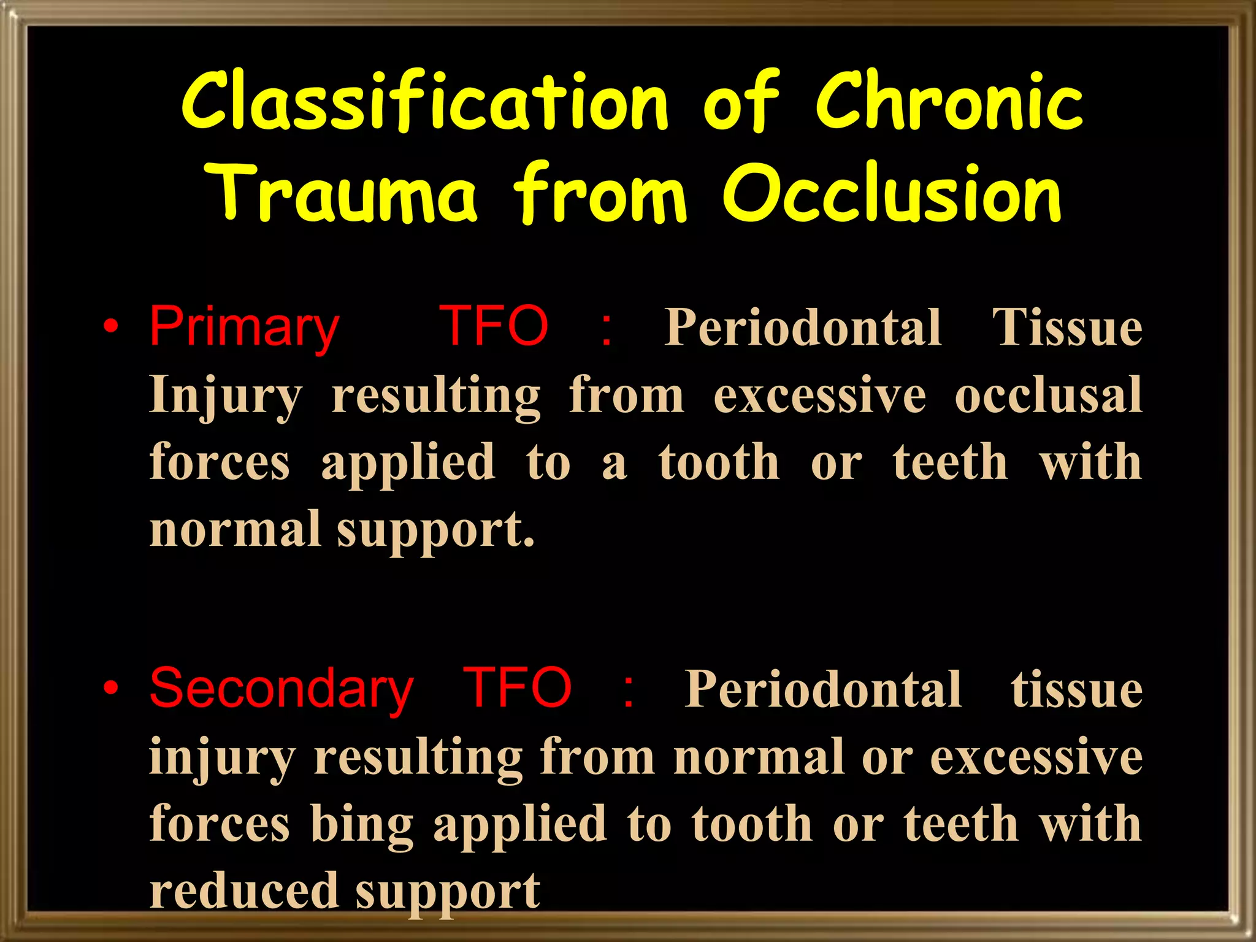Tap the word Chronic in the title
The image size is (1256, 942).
pos(949,101)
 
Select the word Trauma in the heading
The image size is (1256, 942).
pos(341,193)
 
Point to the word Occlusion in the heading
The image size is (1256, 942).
pos(892,193)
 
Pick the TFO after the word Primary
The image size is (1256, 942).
pos(494,326)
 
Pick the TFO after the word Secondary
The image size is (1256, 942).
pos(517,688)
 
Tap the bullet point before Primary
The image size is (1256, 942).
pos(110,326)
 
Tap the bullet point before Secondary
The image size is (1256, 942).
pos(110,688)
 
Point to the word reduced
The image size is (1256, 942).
pos(244,890)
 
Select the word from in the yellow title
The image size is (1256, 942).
pos(600,193)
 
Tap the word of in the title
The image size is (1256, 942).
pos(740,101)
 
